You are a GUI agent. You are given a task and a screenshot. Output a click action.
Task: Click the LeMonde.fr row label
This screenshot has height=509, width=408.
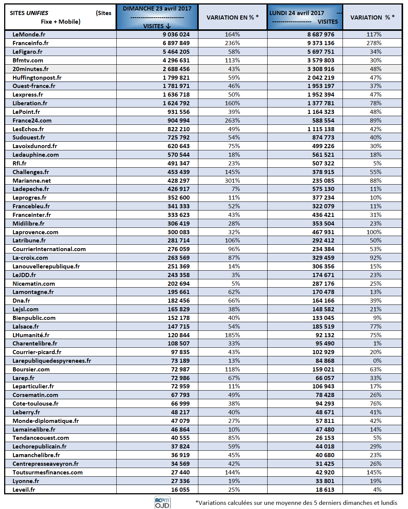tap(29, 35)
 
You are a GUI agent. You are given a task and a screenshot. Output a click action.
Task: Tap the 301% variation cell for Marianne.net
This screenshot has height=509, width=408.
tap(232, 180)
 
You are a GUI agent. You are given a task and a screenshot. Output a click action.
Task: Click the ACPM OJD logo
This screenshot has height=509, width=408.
tap(162, 502)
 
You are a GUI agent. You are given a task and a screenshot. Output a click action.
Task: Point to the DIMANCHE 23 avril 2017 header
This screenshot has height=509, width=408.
tap(157, 9)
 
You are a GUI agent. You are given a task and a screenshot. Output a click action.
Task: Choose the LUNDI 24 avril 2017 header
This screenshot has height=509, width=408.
tap(297, 13)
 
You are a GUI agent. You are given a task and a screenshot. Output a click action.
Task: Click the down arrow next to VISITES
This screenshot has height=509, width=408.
tap(168, 26)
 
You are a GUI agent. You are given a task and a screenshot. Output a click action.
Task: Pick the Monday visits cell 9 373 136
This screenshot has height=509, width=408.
tap(321, 43)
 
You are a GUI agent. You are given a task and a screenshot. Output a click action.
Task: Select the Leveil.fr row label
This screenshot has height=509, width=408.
tap(24, 489)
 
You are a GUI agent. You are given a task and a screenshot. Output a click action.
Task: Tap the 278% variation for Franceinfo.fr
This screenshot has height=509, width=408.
tap(374, 43)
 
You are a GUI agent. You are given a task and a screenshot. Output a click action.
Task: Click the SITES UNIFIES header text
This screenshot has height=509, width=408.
tap(29, 13)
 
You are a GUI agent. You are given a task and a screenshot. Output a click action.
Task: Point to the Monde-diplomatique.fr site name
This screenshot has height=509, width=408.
tap(46, 421)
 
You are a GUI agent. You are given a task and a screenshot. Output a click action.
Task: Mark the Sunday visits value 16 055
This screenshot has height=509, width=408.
tap(180, 489)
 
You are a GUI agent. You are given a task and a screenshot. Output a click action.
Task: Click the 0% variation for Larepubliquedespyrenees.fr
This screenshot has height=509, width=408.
tap(378, 361)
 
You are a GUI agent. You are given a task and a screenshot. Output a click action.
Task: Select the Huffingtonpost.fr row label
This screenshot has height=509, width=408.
tap(37, 77)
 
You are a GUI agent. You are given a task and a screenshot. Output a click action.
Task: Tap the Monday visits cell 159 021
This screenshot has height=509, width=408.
tap(323, 369)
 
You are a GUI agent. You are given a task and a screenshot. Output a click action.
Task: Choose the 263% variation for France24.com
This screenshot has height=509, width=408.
tap(232, 120)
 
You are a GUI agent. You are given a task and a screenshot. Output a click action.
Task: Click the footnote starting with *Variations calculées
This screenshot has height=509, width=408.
tap(296, 503)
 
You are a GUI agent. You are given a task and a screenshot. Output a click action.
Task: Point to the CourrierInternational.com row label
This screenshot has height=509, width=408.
tap(49, 249)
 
